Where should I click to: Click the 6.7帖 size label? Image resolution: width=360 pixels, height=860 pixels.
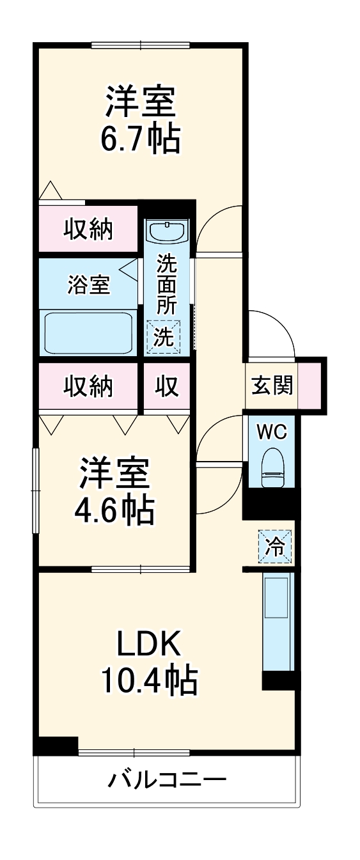(140, 138)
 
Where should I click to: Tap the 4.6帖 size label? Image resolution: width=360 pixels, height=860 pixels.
(116, 509)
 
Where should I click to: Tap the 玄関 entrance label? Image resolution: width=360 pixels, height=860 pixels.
(272, 386)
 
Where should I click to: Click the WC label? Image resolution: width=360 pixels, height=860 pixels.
(272, 432)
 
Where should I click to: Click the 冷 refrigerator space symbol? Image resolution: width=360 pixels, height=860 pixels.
(276, 547)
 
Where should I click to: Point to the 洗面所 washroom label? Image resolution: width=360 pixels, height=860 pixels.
(167, 283)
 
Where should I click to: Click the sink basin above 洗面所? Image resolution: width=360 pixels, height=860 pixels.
(167, 230)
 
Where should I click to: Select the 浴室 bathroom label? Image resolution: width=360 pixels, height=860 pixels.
(89, 285)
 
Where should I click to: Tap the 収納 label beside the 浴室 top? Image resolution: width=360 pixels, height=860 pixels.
(88, 228)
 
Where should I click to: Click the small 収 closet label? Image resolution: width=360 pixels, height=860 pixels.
(167, 386)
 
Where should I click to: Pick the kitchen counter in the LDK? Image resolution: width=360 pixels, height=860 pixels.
(278, 620)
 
